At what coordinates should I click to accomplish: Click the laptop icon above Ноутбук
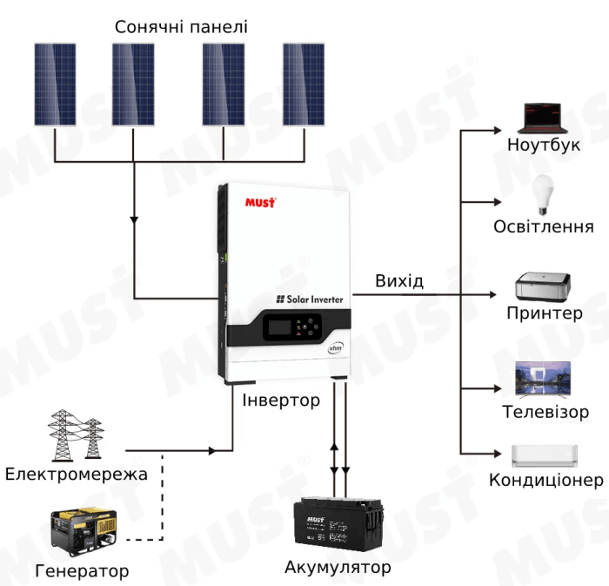click(544, 117)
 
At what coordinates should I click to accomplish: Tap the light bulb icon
click(544, 195)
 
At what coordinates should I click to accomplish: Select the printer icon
click(544, 286)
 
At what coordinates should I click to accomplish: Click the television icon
click(544, 378)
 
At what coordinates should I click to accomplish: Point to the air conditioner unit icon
click(545, 455)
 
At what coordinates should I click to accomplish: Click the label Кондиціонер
click(545, 480)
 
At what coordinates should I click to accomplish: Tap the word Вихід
click(399, 281)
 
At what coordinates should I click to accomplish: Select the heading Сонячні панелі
click(181, 27)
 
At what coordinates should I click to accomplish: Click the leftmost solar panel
click(55, 84)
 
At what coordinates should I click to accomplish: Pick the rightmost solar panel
click(304, 84)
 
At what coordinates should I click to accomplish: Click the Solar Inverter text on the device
click(310, 299)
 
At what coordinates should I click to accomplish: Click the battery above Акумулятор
click(338, 528)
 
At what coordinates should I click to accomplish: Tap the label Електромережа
click(76, 475)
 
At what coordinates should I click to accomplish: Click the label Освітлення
click(544, 227)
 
